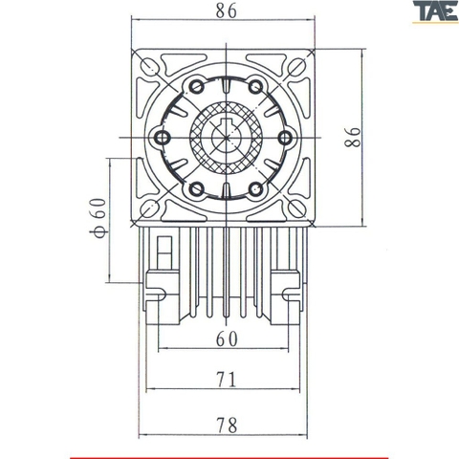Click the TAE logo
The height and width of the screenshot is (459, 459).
click(x=433, y=12)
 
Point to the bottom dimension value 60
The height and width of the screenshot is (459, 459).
click(x=226, y=339)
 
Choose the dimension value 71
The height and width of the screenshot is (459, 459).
click(x=226, y=380)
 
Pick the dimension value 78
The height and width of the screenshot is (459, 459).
click(x=226, y=422)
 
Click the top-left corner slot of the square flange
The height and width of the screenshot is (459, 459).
click(x=150, y=66)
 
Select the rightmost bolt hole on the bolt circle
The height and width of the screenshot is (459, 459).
click(x=284, y=139)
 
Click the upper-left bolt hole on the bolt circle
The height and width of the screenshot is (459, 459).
click(x=197, y=89)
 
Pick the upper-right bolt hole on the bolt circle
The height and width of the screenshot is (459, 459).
click(x=255, y=89)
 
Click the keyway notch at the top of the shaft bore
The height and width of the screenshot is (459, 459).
click(x=226, y=122)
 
